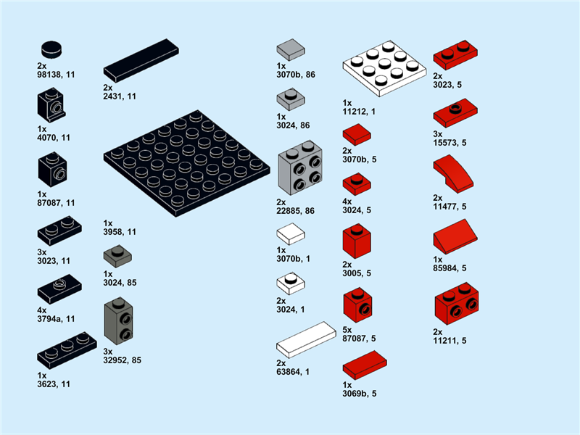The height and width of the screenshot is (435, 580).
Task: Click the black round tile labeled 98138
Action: [51, 49]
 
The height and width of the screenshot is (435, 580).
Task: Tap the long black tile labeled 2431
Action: [141, 60]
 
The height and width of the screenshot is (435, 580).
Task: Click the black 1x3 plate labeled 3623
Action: [66, 349]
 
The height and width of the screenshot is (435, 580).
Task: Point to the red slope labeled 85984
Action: [455, 239]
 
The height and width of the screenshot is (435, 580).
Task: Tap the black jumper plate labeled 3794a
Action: [59, 290]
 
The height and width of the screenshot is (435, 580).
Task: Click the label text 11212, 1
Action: [360, 112]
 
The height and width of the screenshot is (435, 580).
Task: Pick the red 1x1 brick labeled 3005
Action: [356, 241]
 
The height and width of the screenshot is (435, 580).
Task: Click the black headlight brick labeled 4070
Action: [51, 106]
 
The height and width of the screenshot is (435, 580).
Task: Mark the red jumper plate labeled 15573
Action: [455, 115]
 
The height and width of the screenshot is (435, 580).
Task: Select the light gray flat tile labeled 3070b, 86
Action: [291, 49]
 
